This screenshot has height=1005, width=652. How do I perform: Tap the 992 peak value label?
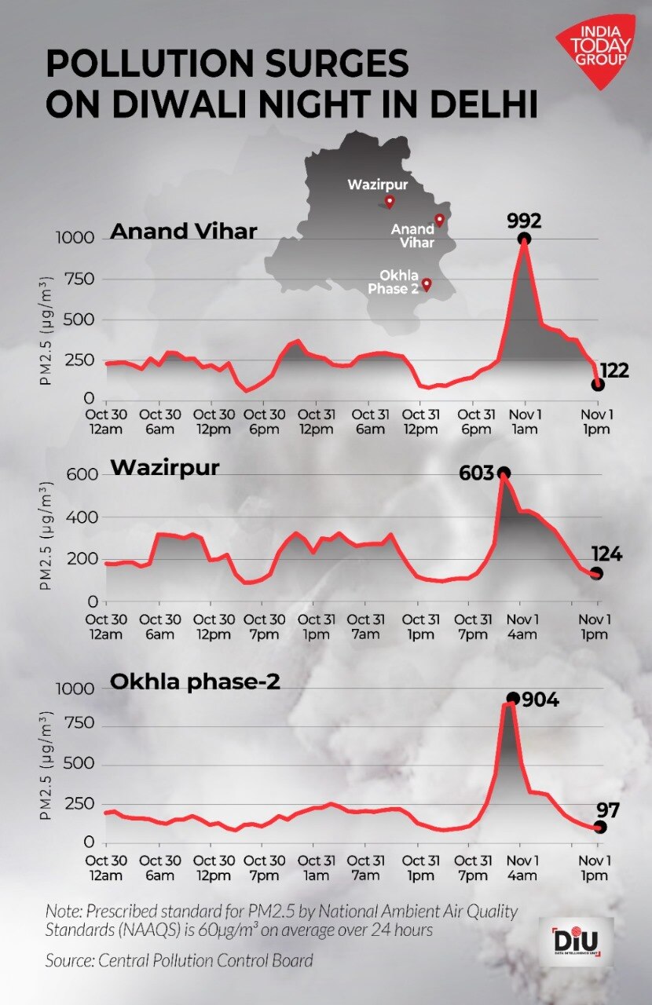[x=525, y=221]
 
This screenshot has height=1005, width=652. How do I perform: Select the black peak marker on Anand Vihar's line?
[x=524, y=239]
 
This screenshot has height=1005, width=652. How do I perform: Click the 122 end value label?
[x=614, y=371]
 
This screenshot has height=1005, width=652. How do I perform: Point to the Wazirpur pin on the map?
[x=389, y=203]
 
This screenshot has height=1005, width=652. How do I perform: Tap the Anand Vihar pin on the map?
[x=440, y=220]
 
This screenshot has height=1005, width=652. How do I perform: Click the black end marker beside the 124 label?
[x=597, y=574]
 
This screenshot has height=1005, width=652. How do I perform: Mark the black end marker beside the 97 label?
[x=601, y=827]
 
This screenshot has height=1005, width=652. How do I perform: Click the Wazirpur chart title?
[x=165, y=468]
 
